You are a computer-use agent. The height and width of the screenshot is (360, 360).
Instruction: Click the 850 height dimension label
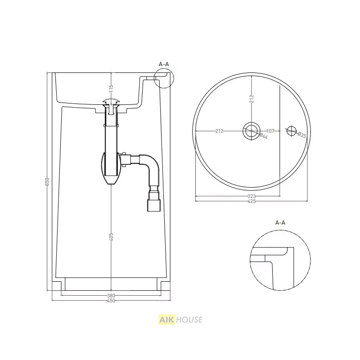(x=47, y=181)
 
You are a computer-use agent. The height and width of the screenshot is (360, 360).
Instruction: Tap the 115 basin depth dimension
(x=111, y=88)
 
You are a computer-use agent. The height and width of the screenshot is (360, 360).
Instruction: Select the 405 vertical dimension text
(x=111, y=237)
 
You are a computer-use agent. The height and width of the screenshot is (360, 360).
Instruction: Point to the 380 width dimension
(x=111, y=296)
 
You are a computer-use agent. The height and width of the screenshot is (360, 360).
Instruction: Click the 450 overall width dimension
(x=111, y=301)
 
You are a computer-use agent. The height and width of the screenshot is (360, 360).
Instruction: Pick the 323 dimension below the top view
(x=252, y=196)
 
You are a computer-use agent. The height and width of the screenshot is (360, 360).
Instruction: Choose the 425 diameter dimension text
(x=252, y=201)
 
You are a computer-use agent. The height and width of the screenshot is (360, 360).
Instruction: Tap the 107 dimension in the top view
(x=270, y=131)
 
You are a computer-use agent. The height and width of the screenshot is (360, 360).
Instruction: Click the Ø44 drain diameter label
(x=264, y=136)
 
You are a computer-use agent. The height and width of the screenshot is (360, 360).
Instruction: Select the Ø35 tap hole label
(x=301, y=135)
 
